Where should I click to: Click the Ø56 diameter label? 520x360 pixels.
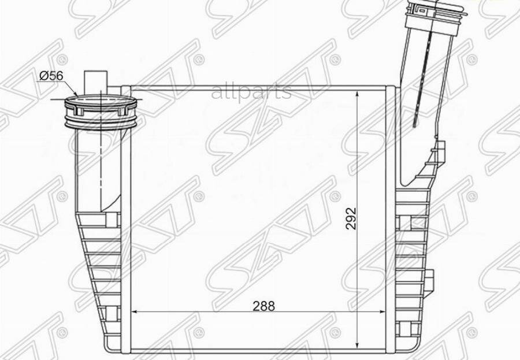[x=51, y=76]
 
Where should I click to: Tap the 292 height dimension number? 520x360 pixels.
[x=351, y=218]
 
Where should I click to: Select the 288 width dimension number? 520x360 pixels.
[x=263, y=306]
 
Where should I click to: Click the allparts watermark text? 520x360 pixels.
[x=251, y=92]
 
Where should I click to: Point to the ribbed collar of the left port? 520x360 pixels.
[x=101, y=112]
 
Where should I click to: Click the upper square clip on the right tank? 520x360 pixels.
[x=403, y=222]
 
